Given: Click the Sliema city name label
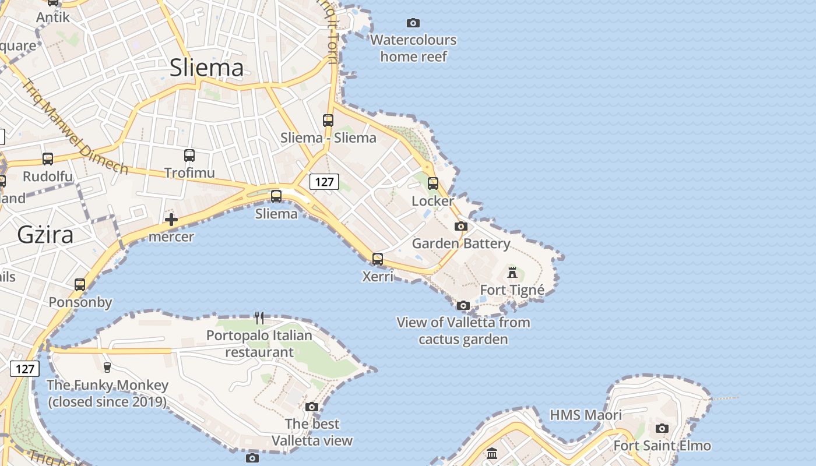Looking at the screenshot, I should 206,68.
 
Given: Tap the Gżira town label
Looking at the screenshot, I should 45,235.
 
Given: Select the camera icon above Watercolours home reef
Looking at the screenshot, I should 413,23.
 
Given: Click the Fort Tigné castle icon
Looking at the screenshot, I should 512,272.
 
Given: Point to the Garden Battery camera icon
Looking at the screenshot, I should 461,226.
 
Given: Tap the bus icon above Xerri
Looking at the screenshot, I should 378,259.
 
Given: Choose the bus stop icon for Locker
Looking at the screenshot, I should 433,183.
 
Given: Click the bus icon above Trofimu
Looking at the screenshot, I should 189,156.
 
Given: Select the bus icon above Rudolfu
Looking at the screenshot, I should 48,158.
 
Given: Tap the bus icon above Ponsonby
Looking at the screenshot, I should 80,285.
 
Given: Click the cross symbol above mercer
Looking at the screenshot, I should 171,220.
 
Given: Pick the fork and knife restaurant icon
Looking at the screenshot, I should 259,318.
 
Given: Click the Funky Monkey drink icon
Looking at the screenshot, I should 107,367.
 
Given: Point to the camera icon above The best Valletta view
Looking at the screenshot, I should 312,407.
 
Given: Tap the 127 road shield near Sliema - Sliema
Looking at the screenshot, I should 324,182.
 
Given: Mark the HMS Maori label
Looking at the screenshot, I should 586,415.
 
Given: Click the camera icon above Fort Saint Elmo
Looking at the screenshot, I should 662,429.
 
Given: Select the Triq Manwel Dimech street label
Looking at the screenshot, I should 75,127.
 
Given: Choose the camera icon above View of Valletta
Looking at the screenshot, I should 463,305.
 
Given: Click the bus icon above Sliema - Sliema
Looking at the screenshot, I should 328,121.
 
